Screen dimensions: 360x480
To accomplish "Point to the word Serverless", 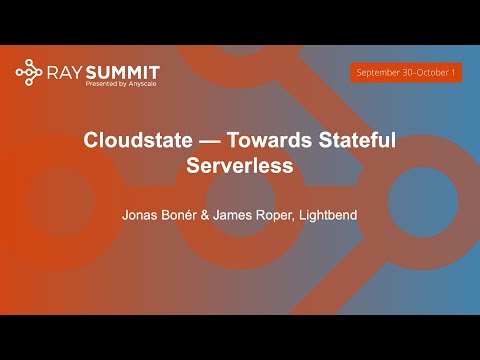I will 240,166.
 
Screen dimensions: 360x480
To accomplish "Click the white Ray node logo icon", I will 29,72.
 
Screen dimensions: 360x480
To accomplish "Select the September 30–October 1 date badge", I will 406,73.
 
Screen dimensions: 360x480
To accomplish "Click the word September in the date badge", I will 377,73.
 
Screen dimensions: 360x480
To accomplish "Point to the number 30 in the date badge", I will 404,73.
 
